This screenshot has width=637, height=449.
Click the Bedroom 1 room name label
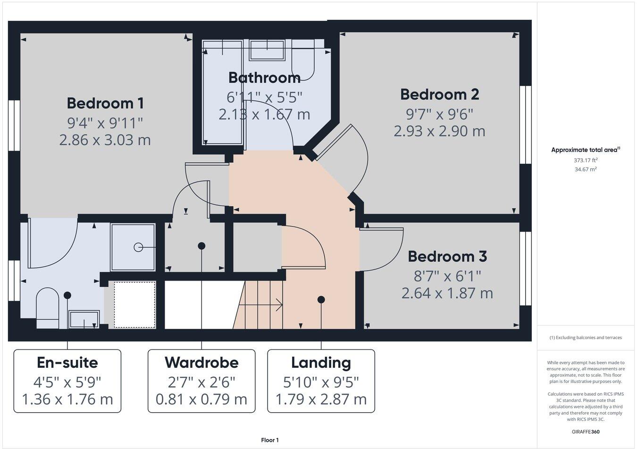point(105,103)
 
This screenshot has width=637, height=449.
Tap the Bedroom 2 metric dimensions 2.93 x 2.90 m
point(439,131)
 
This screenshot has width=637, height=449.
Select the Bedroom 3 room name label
point(447,257)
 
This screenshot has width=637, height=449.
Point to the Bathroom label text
point(264,77)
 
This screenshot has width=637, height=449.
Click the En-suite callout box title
point(67,363)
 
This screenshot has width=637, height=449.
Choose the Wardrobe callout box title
point(201,363)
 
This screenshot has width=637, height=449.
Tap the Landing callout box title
point(321,363)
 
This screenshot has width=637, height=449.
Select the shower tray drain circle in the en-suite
point(138,247)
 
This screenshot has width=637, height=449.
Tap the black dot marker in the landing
point(321,299)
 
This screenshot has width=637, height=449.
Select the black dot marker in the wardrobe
point(201,246)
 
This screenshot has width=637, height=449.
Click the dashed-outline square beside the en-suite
point(135,305)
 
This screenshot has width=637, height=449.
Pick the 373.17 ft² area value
point(585,160)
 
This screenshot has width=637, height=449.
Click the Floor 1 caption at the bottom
point(270,440)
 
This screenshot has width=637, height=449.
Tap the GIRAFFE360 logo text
point(586,432)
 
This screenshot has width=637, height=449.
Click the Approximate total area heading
point(585,150)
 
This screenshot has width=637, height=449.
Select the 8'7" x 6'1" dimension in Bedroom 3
point(447,275)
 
